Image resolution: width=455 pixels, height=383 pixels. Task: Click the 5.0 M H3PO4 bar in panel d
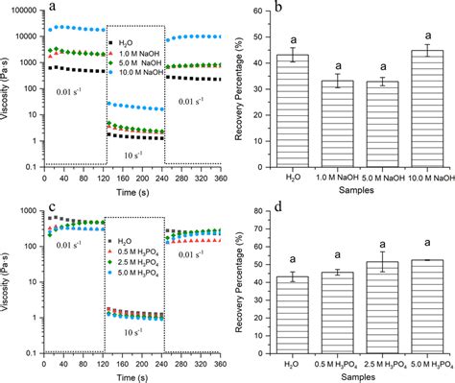point(414,307)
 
